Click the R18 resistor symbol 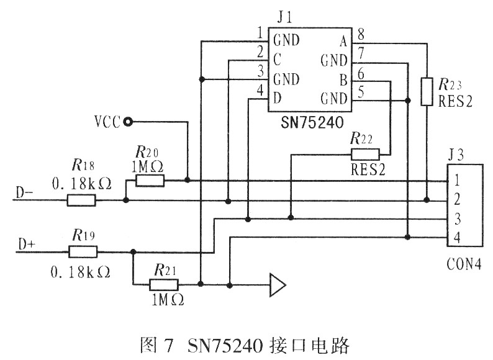[81, 200]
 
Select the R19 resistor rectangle [83, 252]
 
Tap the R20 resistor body [150, 181]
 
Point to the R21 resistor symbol [163, 285]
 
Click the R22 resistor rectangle [365, 155]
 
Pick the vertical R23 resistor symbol [427, 91]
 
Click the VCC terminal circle [128, 122]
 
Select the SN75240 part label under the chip [312, 123]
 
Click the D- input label [24, 192]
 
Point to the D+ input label [27, 244]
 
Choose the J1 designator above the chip [285, 17]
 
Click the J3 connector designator [456, 155]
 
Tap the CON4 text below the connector [464, 264]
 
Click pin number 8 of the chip [361, 34]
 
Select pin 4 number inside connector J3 [457, 237]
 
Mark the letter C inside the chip [277, 60]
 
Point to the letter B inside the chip [343, 80]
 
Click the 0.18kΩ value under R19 [81, 272]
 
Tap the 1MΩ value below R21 [168, 300]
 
